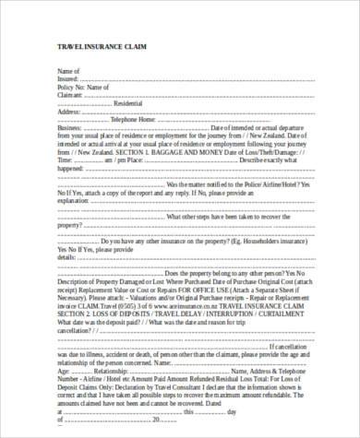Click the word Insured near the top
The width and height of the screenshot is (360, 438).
pos(69,77)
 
